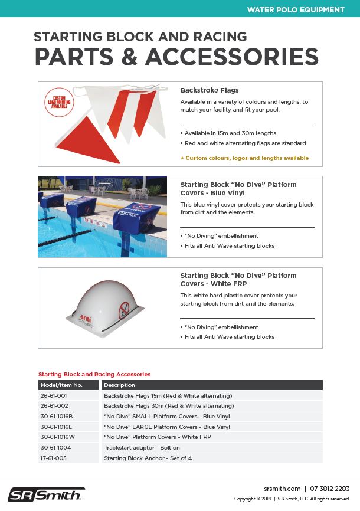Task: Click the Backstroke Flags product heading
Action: pos(210,91)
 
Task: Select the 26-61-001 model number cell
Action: pos(54,395)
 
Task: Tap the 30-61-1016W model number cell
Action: pos(58,437)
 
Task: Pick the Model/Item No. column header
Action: pos(61,385)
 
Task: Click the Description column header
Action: pos(120,385)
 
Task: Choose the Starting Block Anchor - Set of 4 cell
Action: pos(148,458)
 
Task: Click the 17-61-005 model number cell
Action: pos(54,458)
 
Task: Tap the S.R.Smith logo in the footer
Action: pos(46,494)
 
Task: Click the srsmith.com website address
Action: pos(282,489)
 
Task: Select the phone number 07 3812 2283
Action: pos(330,489)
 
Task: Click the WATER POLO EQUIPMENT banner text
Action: pos(296,9)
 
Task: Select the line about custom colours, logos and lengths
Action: pos(244,158)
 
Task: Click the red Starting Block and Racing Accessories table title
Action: pos(94,374)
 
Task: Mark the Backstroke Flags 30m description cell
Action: pos(169,406)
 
